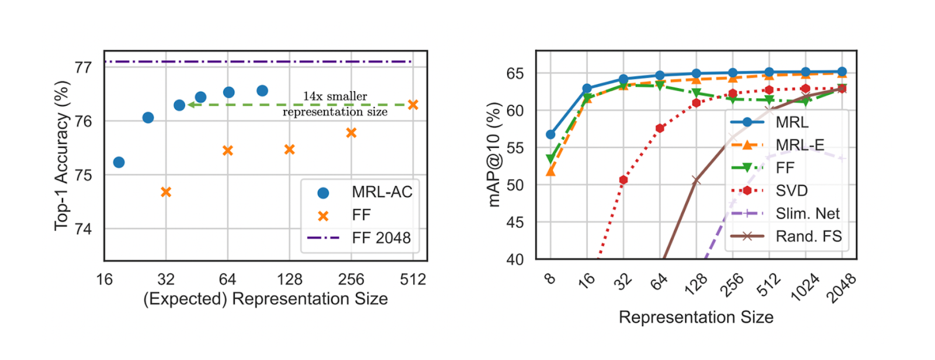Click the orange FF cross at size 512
pyautogui.click(x=413, y=105)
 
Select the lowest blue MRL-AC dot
pyautogui.click(x=119, y=162)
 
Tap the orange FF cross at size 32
pyautogui.click(x=166, y=192)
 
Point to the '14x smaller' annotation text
pyautogui.click(x=335, y=96)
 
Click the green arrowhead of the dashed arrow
pyautogui.click(x=191, y=105)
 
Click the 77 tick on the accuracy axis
pyautogui.click(x=84, y=67)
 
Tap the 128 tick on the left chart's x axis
pyautogui.click(x=289, y=279)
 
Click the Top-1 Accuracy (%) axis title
pyautogui.click(x=61, y=155)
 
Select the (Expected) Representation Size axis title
pyautogui.click(x=265, y=299)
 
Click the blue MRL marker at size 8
pyautogui.click(x=550, y=134)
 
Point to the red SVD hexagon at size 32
pyautogui.click(x=624, y=180)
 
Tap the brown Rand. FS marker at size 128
pyautogui.click(x=696, y=180)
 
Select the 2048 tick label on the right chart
pyautogui.click(x=841, y=288)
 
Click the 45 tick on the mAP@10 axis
pyautogui.click(x=515, y=222)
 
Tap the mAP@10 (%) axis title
pyautogui.click(x=494, y=155)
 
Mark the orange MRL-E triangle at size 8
pyautogui.click(x=550, y=172)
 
